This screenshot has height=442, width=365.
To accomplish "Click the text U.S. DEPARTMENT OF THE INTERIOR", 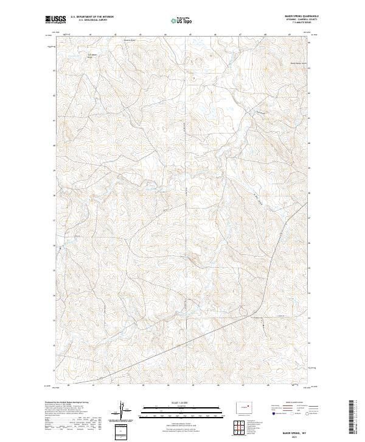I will point(92,17).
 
